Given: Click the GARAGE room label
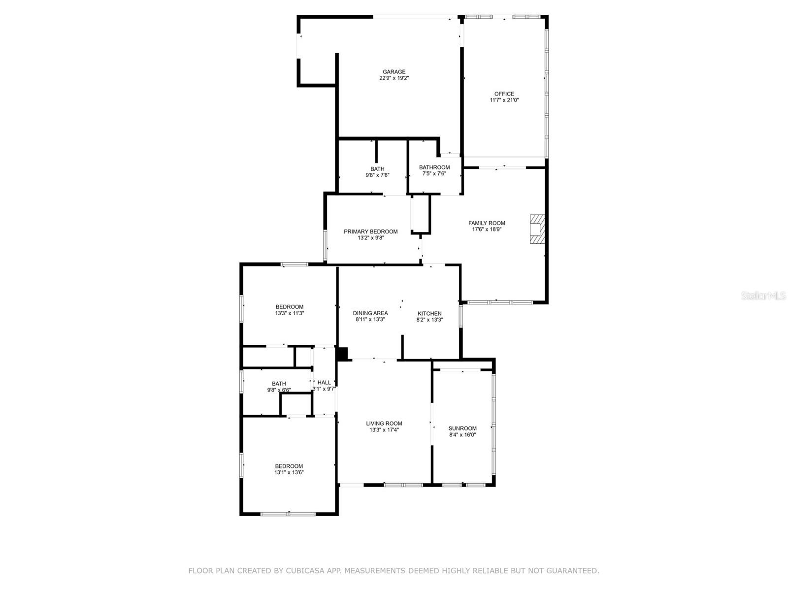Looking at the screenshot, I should (x=394, y=72).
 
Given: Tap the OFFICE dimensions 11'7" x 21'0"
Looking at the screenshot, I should (x=504, y=100).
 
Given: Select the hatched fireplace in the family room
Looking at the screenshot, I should (x=537, y=229).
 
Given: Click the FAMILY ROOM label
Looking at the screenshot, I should (x=487, y=223).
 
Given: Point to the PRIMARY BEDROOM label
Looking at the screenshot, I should (x=370, y=231).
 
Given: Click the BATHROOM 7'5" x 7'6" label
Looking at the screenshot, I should (x=434, y=167).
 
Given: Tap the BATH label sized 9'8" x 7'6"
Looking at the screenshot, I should (x=377, y=169).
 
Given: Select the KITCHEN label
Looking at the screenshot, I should (x=429, y=313).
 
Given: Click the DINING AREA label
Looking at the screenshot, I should (x=370, y=313).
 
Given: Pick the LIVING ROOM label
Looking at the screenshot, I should (x=384, y=424).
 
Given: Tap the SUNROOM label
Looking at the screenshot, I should (x=462, y=428).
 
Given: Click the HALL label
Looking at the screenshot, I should (x=324, y=383).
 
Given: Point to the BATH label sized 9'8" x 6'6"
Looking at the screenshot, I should (x=279, y=384).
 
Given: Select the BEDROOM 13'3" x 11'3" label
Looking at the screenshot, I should (x=289, y=307).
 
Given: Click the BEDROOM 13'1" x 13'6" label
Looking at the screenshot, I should (x=289, y=466).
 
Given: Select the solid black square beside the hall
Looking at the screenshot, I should (x=342, y=354).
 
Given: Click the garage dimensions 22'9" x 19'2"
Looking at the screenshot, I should (x=394, y=78).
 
